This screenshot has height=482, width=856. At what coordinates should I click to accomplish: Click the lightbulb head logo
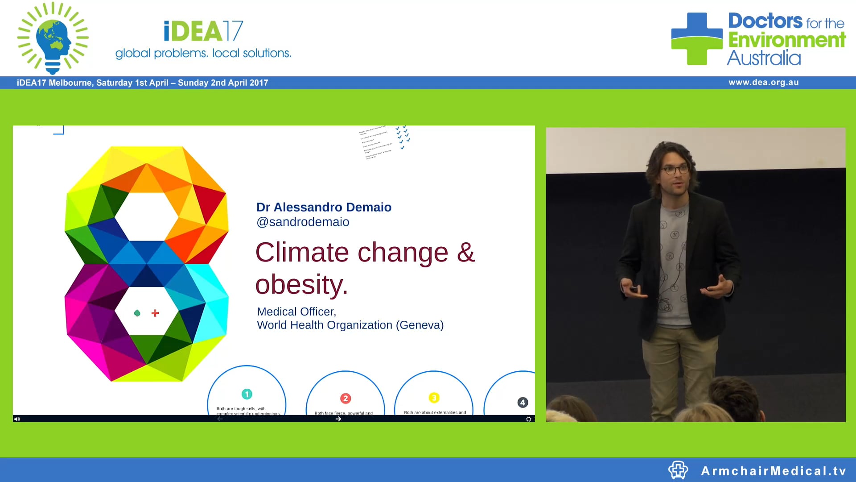pyautogui.click(x=53, y=38)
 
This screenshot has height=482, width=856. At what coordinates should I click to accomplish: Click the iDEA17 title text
pyautogui.click(x=203, y=31)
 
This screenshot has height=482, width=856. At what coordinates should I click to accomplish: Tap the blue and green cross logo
pyautogui.click(x=697, y=39)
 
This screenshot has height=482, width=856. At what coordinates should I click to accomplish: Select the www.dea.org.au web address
pyautogui.click(x=763, y=83)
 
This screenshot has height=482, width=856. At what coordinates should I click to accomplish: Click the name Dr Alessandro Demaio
pyautogui.click(x=324, y=207)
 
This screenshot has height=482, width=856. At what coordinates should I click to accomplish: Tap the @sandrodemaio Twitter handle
pyautogui.click(x=303, y=222)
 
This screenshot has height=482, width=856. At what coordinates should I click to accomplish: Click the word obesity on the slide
pyautogui.click(x=301, y=284)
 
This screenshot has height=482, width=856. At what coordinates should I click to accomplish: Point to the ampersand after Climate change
pyautogui.click(x=466, y=252)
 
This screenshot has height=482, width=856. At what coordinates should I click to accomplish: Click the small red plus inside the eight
pyautogui.click(x=155, y=313)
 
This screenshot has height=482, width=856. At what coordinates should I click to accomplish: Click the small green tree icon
pyautogui.click(x=137, y=313)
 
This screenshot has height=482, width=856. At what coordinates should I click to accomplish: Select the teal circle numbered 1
pyautogui.click(x=247, y=394)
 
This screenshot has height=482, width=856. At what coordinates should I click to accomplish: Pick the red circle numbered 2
pyautogui.click(x=346, y=398)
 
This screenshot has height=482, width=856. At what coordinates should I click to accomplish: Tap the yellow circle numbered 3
pyautogui.click(x=434, y=397)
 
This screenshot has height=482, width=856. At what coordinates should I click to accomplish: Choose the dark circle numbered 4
pyautogui.click(x=523, y=403)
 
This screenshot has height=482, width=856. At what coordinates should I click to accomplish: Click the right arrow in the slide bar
pyautogui.click(x=338, y=419)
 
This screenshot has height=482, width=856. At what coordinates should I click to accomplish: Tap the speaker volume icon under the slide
pyautogui.click(x=17, y=419)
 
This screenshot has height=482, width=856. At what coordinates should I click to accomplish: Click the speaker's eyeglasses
pyautogui.click(x=675, y=170)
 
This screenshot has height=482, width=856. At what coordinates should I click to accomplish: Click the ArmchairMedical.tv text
pyautogui.click(x=774, y=471)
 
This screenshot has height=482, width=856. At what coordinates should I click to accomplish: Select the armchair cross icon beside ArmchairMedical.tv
pyautogui.click(x=678, y=470)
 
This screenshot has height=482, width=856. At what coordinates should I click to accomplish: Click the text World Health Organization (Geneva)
pyautogui.click(x=350, y=325)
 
